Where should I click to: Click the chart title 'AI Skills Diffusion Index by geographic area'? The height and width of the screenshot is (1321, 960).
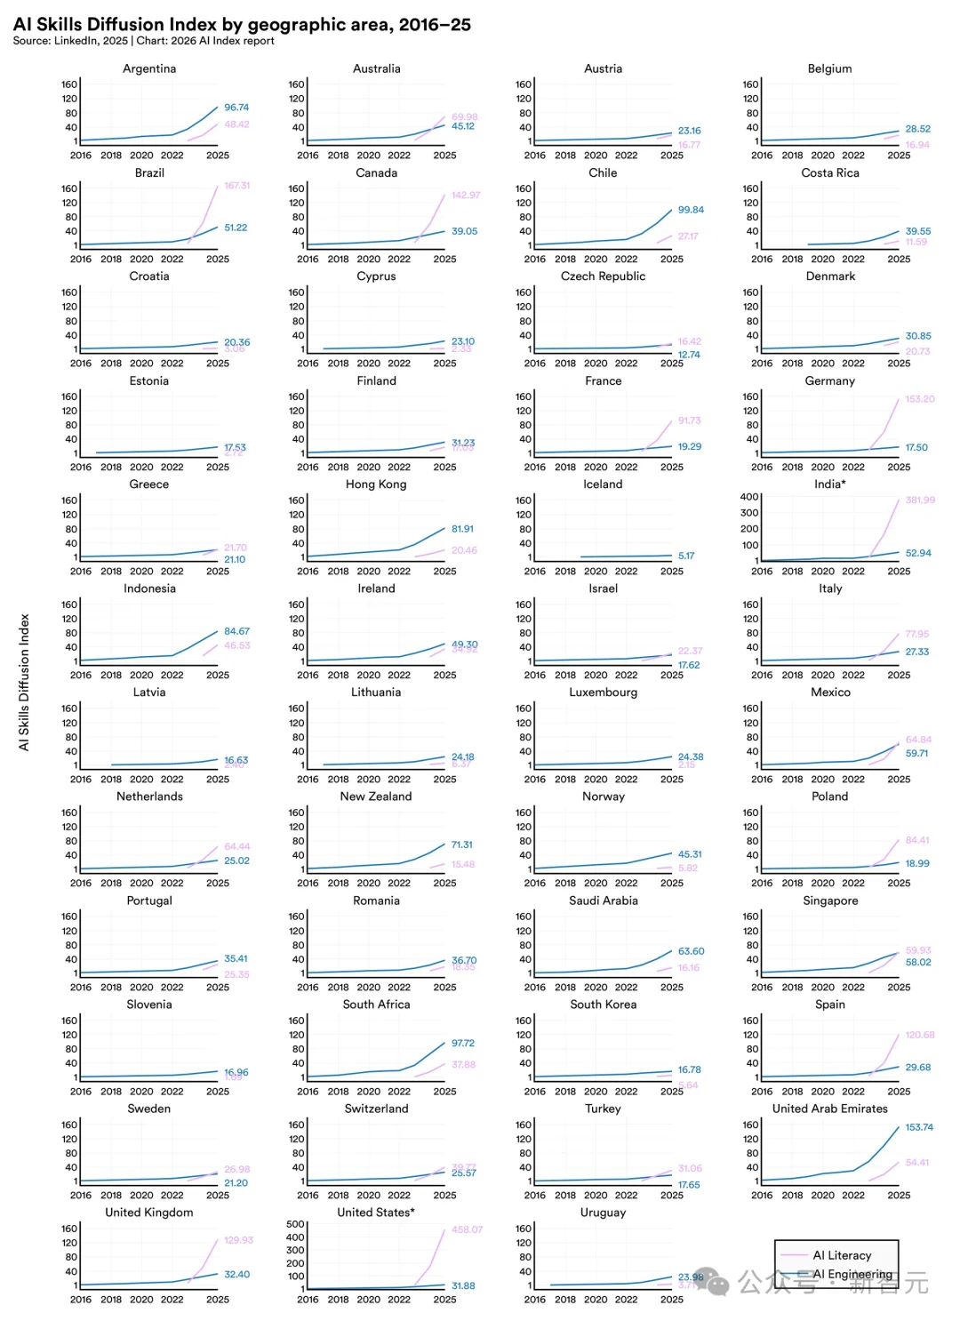242,24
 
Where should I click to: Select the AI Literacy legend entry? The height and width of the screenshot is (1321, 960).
841,1255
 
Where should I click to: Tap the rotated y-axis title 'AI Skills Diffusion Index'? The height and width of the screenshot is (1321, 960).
24,682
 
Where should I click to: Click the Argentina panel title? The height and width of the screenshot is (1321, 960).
149,68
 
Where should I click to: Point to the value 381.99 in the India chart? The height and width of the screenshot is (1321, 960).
920,500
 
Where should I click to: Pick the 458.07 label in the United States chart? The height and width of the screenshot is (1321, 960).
467,1229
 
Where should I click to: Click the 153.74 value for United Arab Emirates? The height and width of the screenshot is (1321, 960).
919,1127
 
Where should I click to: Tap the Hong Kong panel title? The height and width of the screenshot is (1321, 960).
376,484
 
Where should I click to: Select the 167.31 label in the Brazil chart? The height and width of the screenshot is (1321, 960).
237,186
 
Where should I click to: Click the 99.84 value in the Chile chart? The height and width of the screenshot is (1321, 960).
691,210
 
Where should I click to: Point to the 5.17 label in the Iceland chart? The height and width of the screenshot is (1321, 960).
686,556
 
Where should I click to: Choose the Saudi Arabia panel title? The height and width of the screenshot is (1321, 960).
604,901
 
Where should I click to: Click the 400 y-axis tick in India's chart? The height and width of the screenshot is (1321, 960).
749,497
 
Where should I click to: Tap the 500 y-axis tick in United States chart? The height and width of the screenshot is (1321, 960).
295,1224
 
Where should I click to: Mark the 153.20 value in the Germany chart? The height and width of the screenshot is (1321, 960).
920,399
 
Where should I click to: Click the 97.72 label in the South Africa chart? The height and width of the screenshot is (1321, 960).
463,1043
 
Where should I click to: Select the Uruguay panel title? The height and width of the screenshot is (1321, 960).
604,1213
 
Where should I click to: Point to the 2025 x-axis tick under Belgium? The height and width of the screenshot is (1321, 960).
899,156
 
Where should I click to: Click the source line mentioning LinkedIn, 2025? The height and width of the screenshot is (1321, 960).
143,41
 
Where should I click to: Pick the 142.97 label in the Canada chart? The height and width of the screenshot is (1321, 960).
466,195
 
